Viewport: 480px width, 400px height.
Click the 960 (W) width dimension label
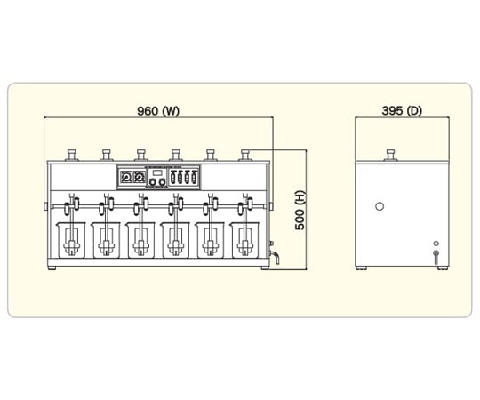[158, 111]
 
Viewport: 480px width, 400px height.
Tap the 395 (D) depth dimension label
[402, 111]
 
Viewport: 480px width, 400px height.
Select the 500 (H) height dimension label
[300, 210]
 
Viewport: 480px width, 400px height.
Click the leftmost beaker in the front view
[71, 241]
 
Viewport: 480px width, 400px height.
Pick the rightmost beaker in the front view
[245, 241]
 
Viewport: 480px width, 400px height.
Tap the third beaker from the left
[140, 241]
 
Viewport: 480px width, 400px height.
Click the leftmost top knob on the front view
[72, 155]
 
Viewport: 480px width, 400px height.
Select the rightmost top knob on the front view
[245, 155]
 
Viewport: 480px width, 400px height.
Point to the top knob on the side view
[390, 155]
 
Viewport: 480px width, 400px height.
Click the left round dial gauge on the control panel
[126, 177]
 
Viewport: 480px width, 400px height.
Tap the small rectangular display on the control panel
[157, 173]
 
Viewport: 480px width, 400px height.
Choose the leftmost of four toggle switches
[172, 177]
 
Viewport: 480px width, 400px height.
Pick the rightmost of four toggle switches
[194, 177]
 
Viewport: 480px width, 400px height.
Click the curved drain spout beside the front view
[276, 257]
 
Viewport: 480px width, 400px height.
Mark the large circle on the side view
[380, 206]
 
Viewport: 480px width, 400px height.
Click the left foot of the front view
[52, 268]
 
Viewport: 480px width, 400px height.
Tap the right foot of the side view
[443, 268]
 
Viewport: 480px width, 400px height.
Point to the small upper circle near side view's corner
[436, 244]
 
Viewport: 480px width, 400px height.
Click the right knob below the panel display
[163, 183]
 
